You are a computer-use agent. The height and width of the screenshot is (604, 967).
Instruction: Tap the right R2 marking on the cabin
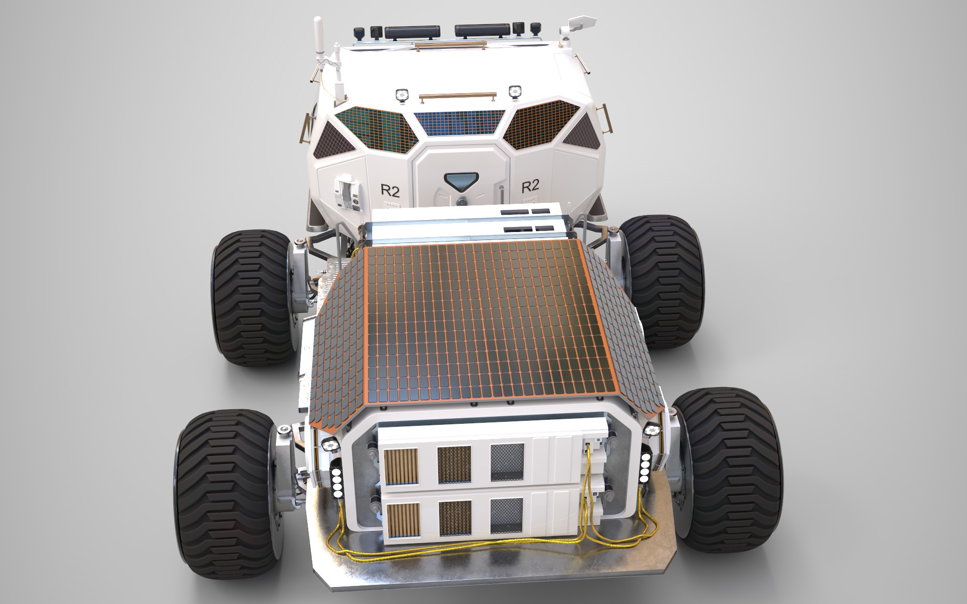click(530, 186)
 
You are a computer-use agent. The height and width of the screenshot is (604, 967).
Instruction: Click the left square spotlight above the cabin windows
click(402, 94)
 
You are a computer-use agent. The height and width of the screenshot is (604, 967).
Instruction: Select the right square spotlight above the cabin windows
click(515, 91)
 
